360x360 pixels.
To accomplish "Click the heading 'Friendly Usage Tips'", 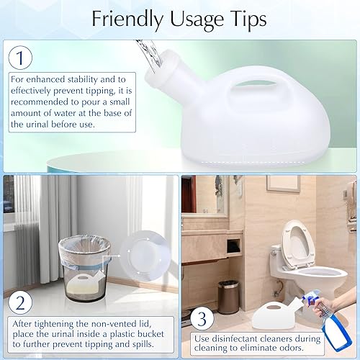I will coord(179,19).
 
